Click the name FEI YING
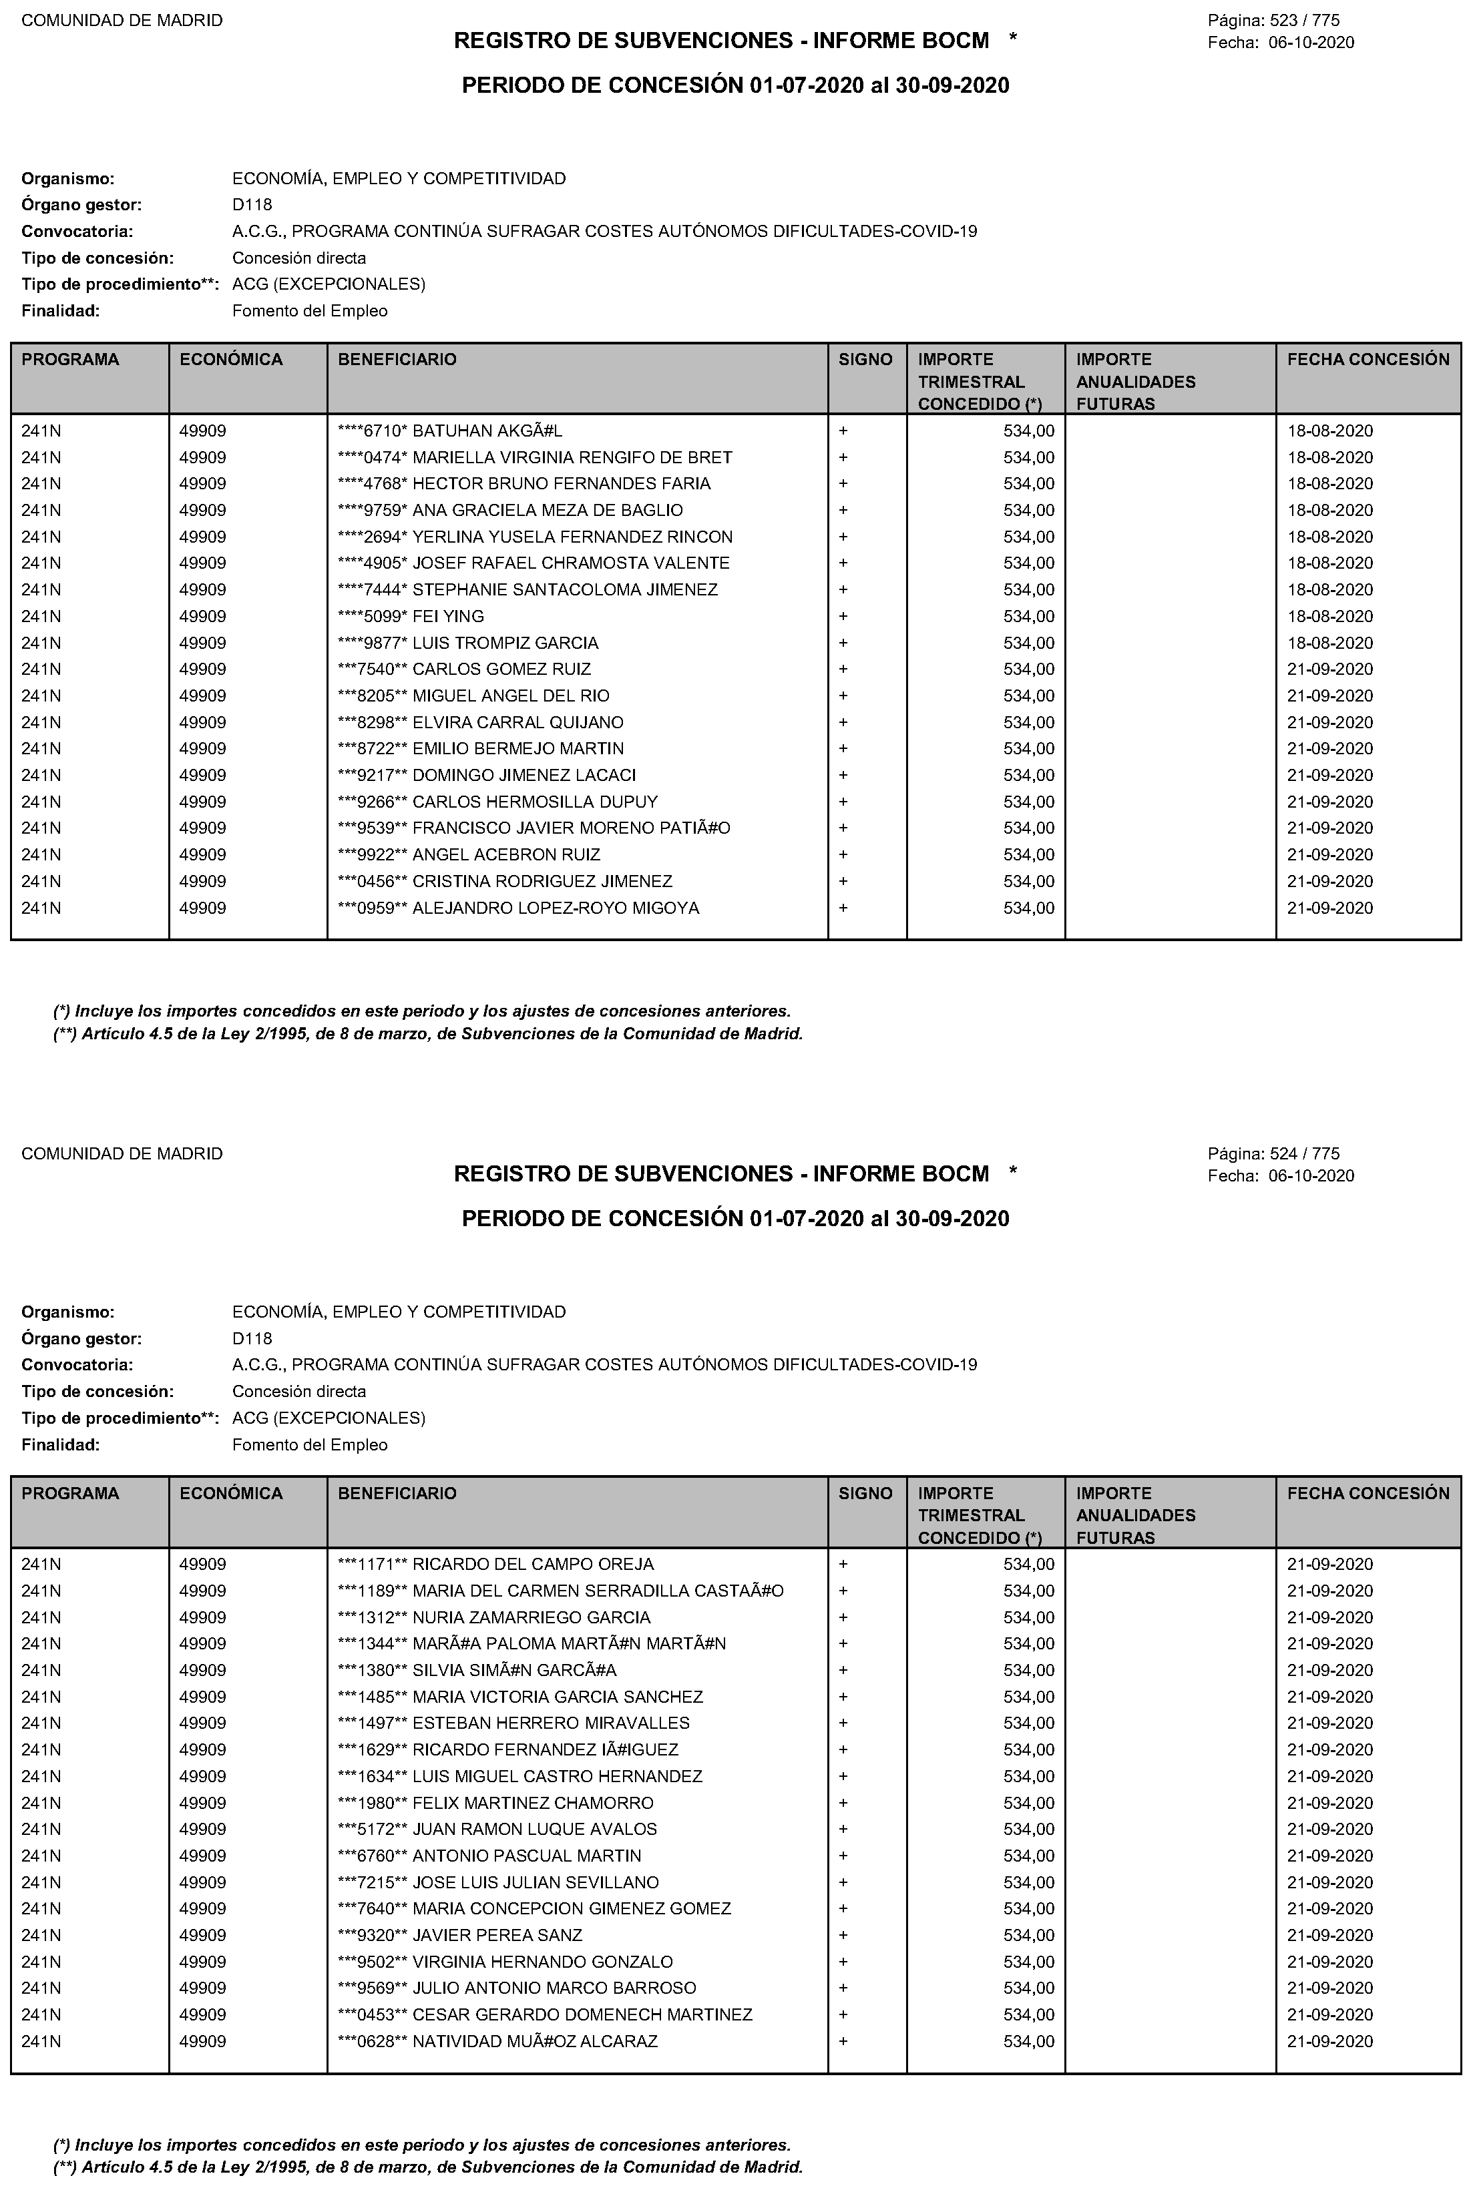click(448, 616)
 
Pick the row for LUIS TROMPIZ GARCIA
click(505, 643)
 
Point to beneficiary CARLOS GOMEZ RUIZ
click(501, 669)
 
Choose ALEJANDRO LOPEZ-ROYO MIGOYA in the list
click(556, 908)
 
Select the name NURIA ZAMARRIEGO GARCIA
click(532, 1617)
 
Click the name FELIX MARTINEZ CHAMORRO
click(533, 1803)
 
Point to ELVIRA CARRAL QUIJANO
click(517, 723)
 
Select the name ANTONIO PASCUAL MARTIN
click(527, 1856)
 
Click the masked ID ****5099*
click(372, 616)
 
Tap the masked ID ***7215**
click(372, 1882)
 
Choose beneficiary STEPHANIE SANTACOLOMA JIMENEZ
click(565, 590)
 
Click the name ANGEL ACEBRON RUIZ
click(506, 855)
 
